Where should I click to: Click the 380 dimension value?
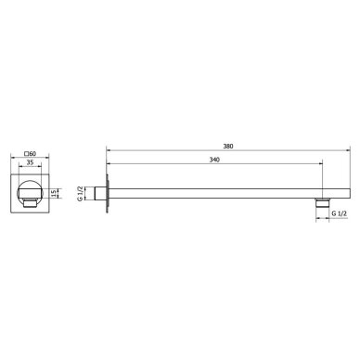click(228, 147)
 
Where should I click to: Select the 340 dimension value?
click(214, 160)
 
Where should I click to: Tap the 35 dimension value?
click(30, 162)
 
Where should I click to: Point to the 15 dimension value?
click(54, 193)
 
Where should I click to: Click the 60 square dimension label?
click(31, 153)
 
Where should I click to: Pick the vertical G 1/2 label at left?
click(80, 194)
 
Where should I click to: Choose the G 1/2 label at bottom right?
click(340, 213)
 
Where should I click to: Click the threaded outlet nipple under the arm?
click(322, 202)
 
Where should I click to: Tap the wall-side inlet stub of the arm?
click(99, 194)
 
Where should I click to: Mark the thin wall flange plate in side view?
click(107, 193)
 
